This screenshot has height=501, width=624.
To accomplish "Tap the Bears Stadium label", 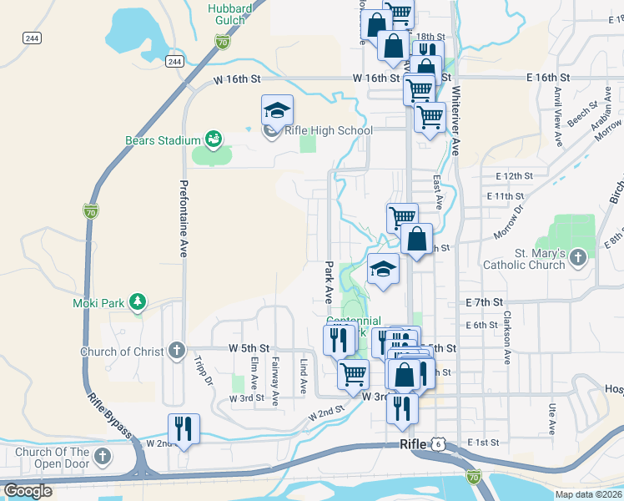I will click(163, 140).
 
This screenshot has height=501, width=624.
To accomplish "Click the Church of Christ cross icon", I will click(176, 351).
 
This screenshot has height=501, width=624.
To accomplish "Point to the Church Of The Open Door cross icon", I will click(102, 456).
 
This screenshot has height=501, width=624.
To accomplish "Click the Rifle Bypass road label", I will click(109, 415).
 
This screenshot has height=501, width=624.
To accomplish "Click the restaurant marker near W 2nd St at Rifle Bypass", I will click(184, 429).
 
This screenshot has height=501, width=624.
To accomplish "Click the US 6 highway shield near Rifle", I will click(438, 444).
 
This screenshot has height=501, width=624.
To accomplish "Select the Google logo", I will click(28, 491).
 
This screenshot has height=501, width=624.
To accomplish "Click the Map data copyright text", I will click(589, 494).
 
